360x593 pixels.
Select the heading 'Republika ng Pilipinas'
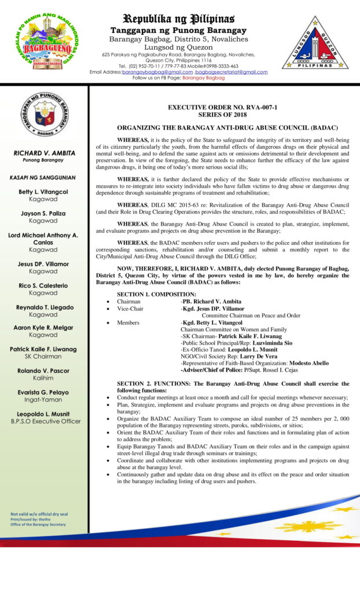(x=178, y=18)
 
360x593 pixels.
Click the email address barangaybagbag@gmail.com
(x=157, y=72)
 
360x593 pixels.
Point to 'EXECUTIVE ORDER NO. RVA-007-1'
(x=222, y=108)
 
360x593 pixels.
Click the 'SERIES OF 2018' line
(x=223, y=115)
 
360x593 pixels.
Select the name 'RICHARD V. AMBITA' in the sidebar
(x=44, y=153)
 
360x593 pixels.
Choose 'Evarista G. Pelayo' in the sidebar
(x=44, y=392)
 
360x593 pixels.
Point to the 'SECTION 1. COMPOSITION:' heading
(x=156, y=295)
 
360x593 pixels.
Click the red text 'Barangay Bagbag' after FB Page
(x=203, y=78)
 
